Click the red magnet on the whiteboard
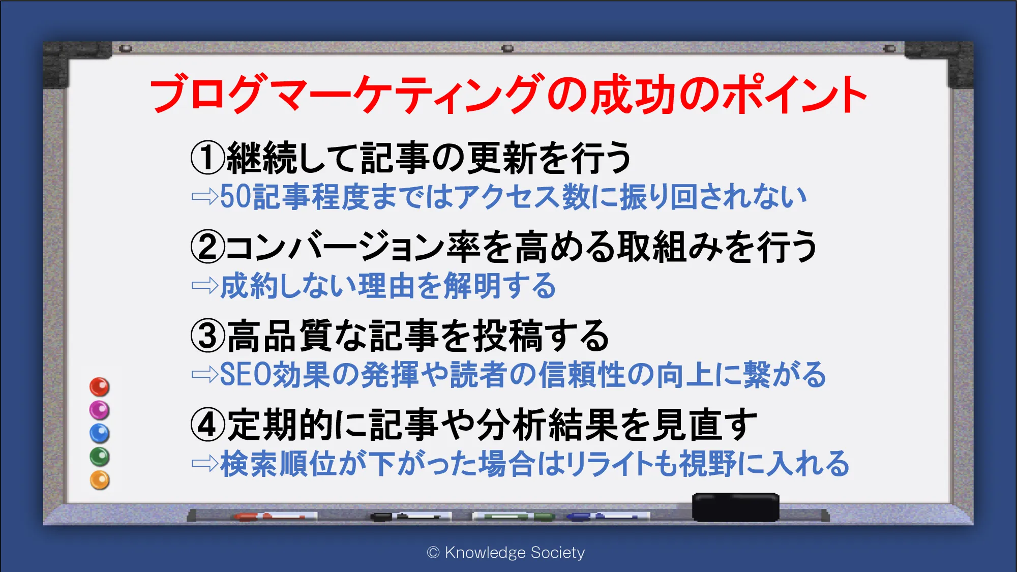point(100,387)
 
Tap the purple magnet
point(100,410)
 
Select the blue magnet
point(100,433)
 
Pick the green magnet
point(100,457)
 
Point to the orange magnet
point(100,480)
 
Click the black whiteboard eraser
point(735,507)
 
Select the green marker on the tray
point(514,517)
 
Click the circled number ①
point(207,158)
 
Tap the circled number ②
point(207,247)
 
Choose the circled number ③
point(207,336)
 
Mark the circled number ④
point(207,425)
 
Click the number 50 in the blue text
point(235,197)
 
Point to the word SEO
point(246,375)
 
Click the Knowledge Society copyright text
point(506,552)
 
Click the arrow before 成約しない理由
point(205,286)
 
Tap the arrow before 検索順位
point(205,464)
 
